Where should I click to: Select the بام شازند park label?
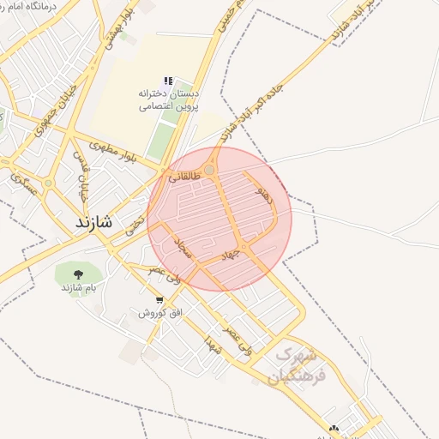76,288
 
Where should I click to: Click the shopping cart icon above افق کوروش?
159,299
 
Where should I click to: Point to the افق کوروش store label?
160,313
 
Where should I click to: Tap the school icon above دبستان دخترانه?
169,81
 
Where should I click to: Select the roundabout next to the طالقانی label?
210,170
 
